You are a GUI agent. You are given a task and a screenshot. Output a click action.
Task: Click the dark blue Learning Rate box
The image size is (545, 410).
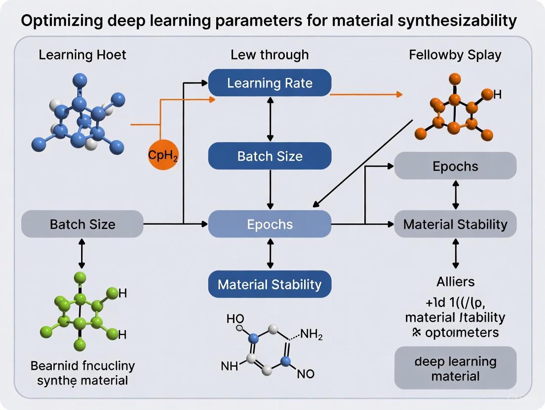pyautogui.click(x=270, y=83)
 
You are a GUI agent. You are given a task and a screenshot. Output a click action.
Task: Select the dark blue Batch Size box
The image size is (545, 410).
pyautogui.click(x=270, y=157)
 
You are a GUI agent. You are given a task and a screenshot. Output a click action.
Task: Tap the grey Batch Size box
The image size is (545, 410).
pyautogui.click(x=82, y=224)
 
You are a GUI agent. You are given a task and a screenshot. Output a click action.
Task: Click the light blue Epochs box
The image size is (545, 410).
pyautogui.click(x=270, y=224)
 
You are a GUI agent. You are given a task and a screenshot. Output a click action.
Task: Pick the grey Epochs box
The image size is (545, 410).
pyautogui.click(x=455, y=166)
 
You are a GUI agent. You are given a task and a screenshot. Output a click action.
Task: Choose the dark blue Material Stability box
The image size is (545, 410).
pyautogui.click(x=270, y=284)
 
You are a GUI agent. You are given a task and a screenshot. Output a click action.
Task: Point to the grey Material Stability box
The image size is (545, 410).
pyautogui.click(x=455, y=224)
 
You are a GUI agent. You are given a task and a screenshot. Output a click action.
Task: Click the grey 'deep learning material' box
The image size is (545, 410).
pyautogui.click(x=455, y=369)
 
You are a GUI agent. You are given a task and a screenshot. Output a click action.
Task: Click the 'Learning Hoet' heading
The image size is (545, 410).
pyautogui.click(x=82, y=54)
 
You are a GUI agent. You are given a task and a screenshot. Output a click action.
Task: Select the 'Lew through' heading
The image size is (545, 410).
pyautogui.click(x=270, y=54)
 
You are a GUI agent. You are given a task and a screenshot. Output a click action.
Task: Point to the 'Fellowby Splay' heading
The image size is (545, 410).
pyautogui.click(x=455, y=54)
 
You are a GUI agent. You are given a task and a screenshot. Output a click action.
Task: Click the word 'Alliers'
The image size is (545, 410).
pyautogui.click(x=455, y=282)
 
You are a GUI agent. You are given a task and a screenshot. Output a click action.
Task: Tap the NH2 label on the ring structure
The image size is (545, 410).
pyautogui.click(x=311, y=336)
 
